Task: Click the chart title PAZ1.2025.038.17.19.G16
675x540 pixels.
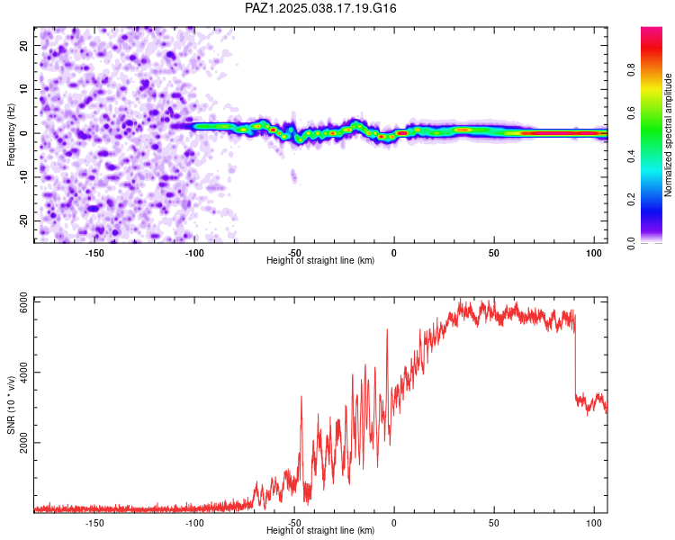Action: (320, 8)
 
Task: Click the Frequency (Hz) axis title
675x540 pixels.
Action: (11, 135)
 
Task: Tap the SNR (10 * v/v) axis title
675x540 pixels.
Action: (11, 405)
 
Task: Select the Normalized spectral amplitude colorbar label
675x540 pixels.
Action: (668, 135)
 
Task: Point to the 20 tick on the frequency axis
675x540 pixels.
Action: (23, 45)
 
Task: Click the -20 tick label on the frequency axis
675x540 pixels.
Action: (23, 220)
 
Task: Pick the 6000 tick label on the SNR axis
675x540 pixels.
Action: (23, 302)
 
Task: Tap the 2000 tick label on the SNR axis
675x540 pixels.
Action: (23, 443)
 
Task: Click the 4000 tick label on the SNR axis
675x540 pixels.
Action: (23, 373)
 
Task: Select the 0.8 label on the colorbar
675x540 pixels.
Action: (631, 70)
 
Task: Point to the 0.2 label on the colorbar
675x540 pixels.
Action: (631, 200)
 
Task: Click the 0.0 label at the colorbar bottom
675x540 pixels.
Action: (631, 243)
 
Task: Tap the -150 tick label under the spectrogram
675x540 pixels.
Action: (94, 253)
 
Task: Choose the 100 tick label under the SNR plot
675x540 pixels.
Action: (594, 523)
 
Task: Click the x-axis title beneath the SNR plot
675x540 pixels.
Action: (320, 530)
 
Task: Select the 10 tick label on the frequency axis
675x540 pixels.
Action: (23, 89)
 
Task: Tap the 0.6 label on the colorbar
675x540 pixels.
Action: (631, 113)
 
